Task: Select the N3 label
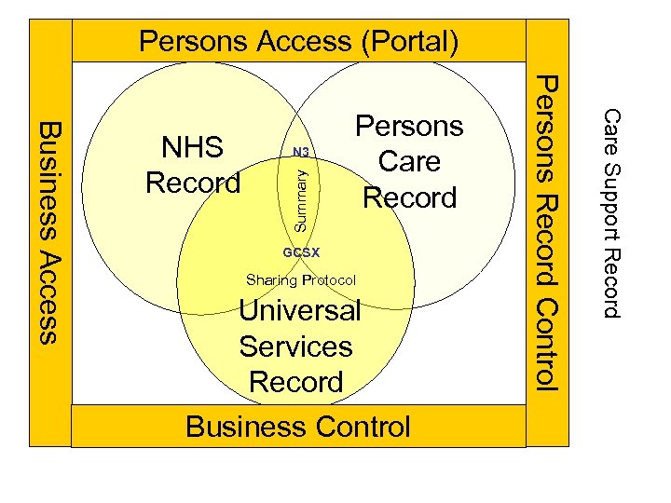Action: [300, 152]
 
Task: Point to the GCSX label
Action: [300, 252]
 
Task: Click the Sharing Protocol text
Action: [300, 280]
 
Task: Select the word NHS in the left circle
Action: [192, 147]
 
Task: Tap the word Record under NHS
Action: [193, 183]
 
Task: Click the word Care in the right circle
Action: [409, 161]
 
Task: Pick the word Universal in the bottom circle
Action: [299, 310]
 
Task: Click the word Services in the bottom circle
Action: [295, 347]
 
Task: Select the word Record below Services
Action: [295, 382]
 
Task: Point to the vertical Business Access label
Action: [50, 231]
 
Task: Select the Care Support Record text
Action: [611, 212]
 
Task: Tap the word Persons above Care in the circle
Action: [409, 126]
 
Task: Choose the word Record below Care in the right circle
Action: [409, 197]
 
